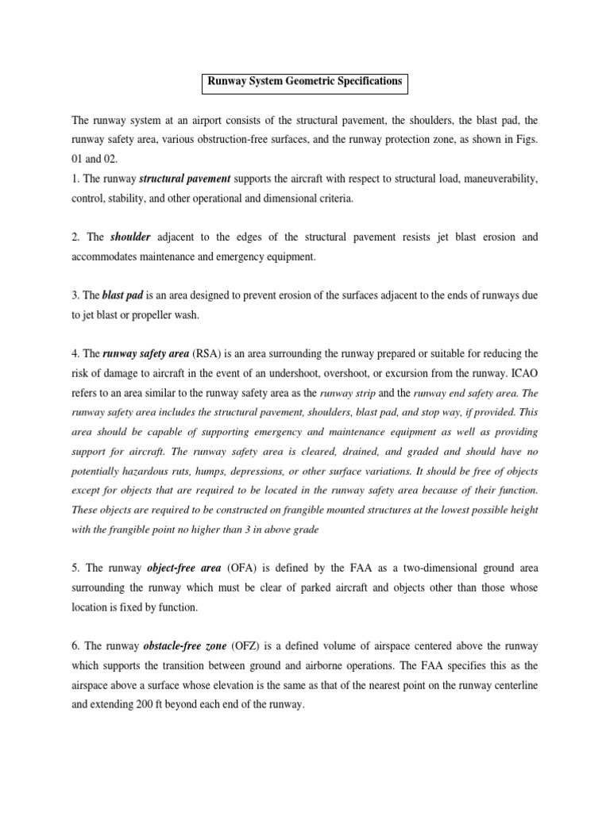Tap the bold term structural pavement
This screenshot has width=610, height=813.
(x=187, y=180)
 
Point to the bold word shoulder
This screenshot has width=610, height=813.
(x=130, y=237)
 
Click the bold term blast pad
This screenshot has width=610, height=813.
(x=124, y=295)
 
